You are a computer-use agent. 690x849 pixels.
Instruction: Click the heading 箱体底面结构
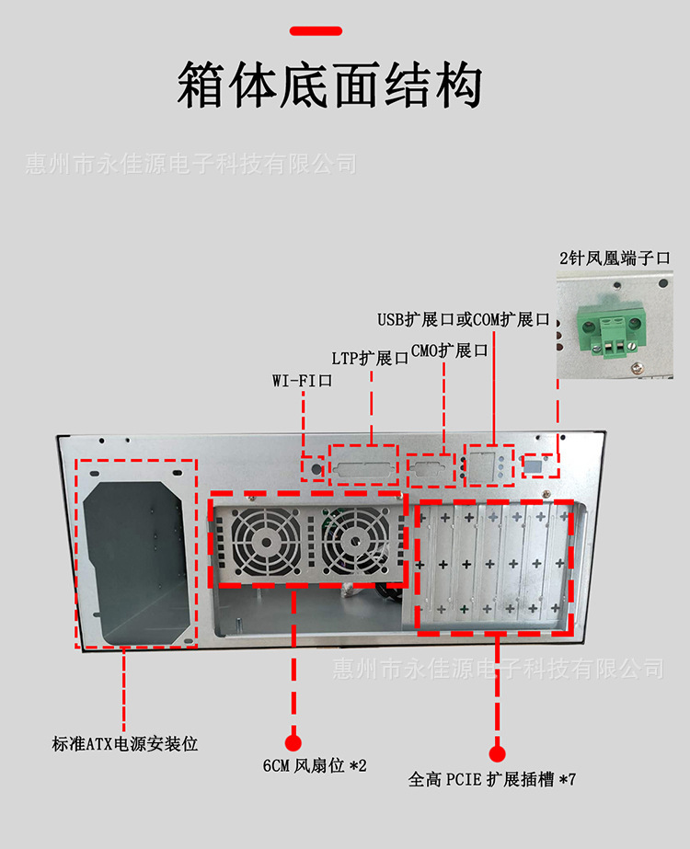[x=328, y=86]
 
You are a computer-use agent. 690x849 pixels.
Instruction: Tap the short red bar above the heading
[x=316, y=31]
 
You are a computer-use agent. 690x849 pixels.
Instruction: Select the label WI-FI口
[x=301, y=380]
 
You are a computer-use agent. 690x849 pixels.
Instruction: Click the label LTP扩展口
[x=370, y=358]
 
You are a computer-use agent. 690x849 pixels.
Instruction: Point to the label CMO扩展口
[x=448, y=350]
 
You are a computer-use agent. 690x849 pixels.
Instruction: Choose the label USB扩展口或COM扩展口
[x=463, y=319]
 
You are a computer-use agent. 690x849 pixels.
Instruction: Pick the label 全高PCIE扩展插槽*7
[x=492, y=780]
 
